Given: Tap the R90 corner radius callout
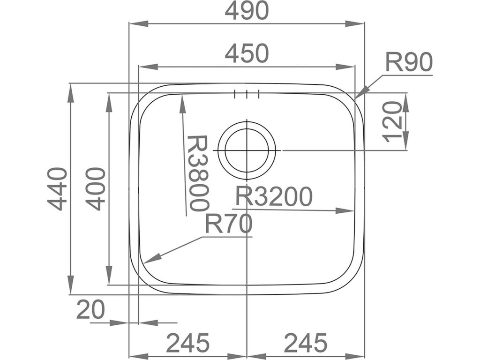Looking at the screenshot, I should (x=408, y=63).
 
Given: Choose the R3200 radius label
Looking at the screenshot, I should (x=273, y=197).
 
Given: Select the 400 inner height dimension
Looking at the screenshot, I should (x=97, y=189).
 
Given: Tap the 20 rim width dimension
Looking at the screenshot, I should (x=90, y=310).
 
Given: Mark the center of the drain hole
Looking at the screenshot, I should (x=247, y=150).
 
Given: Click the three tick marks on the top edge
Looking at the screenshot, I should (x=247, y=94).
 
